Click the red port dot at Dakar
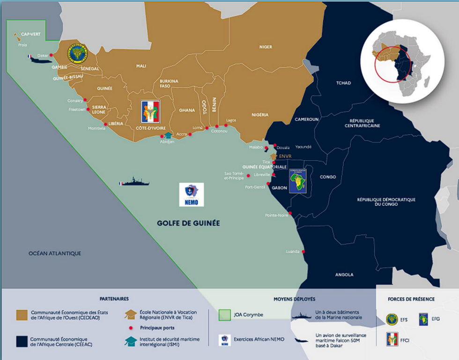(x=51, y=55)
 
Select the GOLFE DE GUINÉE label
(x=188, y=223)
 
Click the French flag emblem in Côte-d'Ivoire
(x=151, y=112)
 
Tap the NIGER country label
(x=266, y=47)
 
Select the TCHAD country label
(x=343, y=83)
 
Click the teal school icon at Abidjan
(x=168, y=135)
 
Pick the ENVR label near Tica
(x=285, y=156)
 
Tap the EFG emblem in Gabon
(x=297, y=181)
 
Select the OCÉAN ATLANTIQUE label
(x=55, y=254)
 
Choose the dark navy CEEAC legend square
(x=22, y=341)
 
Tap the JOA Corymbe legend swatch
(x=225, y=315)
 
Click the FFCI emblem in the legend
(x=392, y=338)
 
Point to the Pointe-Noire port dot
(x=290, y=213)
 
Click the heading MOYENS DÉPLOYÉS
(x=294, y=299)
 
